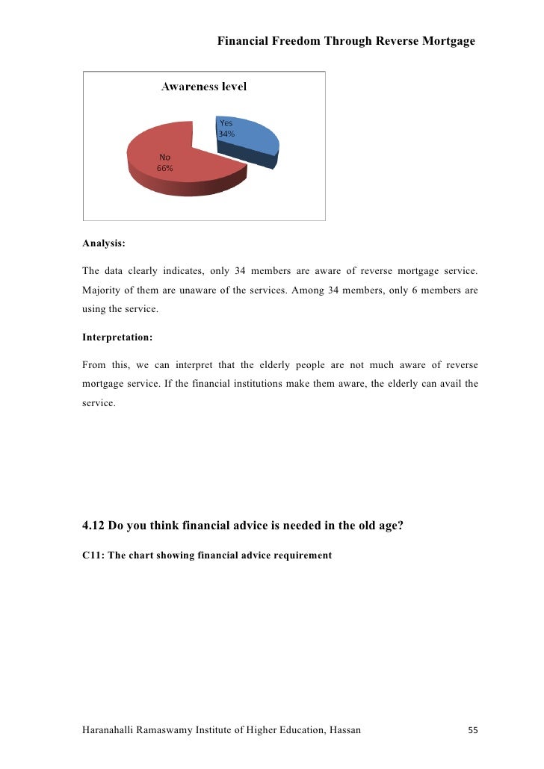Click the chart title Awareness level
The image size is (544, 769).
click(x=204, y=87)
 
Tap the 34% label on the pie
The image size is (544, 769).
click(x=226, y=134)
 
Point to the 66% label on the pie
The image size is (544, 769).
click(x=164, y=169)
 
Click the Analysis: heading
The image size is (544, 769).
click(x=104, y=243)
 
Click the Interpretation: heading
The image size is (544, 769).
click(x=117, y=337)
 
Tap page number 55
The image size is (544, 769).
click(x=472, y=730)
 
